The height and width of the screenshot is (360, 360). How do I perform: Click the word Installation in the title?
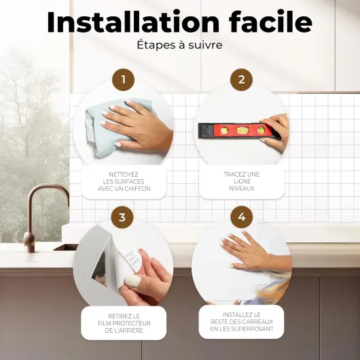coord(133,22)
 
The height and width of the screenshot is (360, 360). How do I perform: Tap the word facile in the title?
coord(270,21)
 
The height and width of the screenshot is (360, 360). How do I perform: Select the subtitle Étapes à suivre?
coord(179,45)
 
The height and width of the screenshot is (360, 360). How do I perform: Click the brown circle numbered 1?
coord(124,79)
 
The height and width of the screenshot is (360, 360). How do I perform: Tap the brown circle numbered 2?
coord(242,79)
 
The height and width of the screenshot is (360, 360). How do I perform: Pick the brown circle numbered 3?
coord(122,217)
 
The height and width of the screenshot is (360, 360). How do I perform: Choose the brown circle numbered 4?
coord(242,217)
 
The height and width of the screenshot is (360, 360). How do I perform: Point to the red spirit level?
coord(239,131)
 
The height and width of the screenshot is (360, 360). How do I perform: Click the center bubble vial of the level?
coord(242,130)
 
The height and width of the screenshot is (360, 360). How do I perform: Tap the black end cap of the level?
coord(206,130)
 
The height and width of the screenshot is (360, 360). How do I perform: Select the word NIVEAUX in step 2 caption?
coord(242,189)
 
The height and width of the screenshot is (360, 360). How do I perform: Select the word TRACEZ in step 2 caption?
coord(232,175)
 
